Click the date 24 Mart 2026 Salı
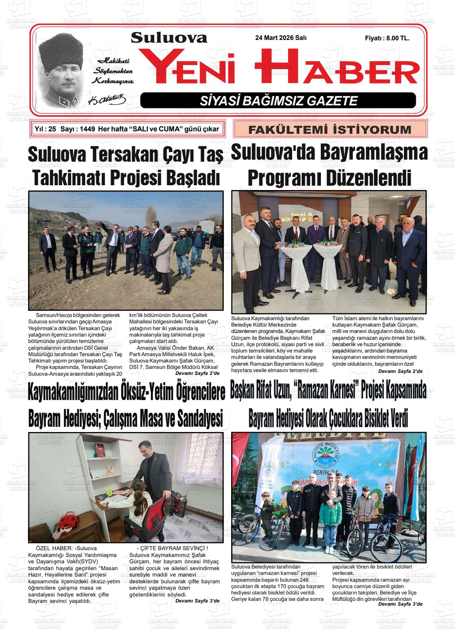283,38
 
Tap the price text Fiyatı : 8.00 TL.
387,38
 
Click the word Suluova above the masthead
169,38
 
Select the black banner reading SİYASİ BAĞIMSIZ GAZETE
278,101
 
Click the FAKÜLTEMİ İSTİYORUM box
330,129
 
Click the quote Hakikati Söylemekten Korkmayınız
113,71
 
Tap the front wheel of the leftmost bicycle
254,529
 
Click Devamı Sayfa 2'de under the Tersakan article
197,373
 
